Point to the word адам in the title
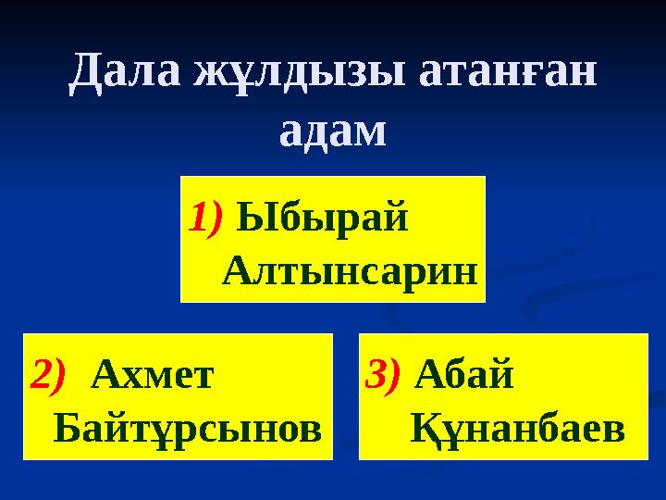332,131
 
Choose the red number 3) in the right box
383,374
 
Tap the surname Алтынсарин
351,271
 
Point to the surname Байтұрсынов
189,427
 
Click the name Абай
465,374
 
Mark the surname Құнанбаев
516,428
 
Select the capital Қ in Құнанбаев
422,428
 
